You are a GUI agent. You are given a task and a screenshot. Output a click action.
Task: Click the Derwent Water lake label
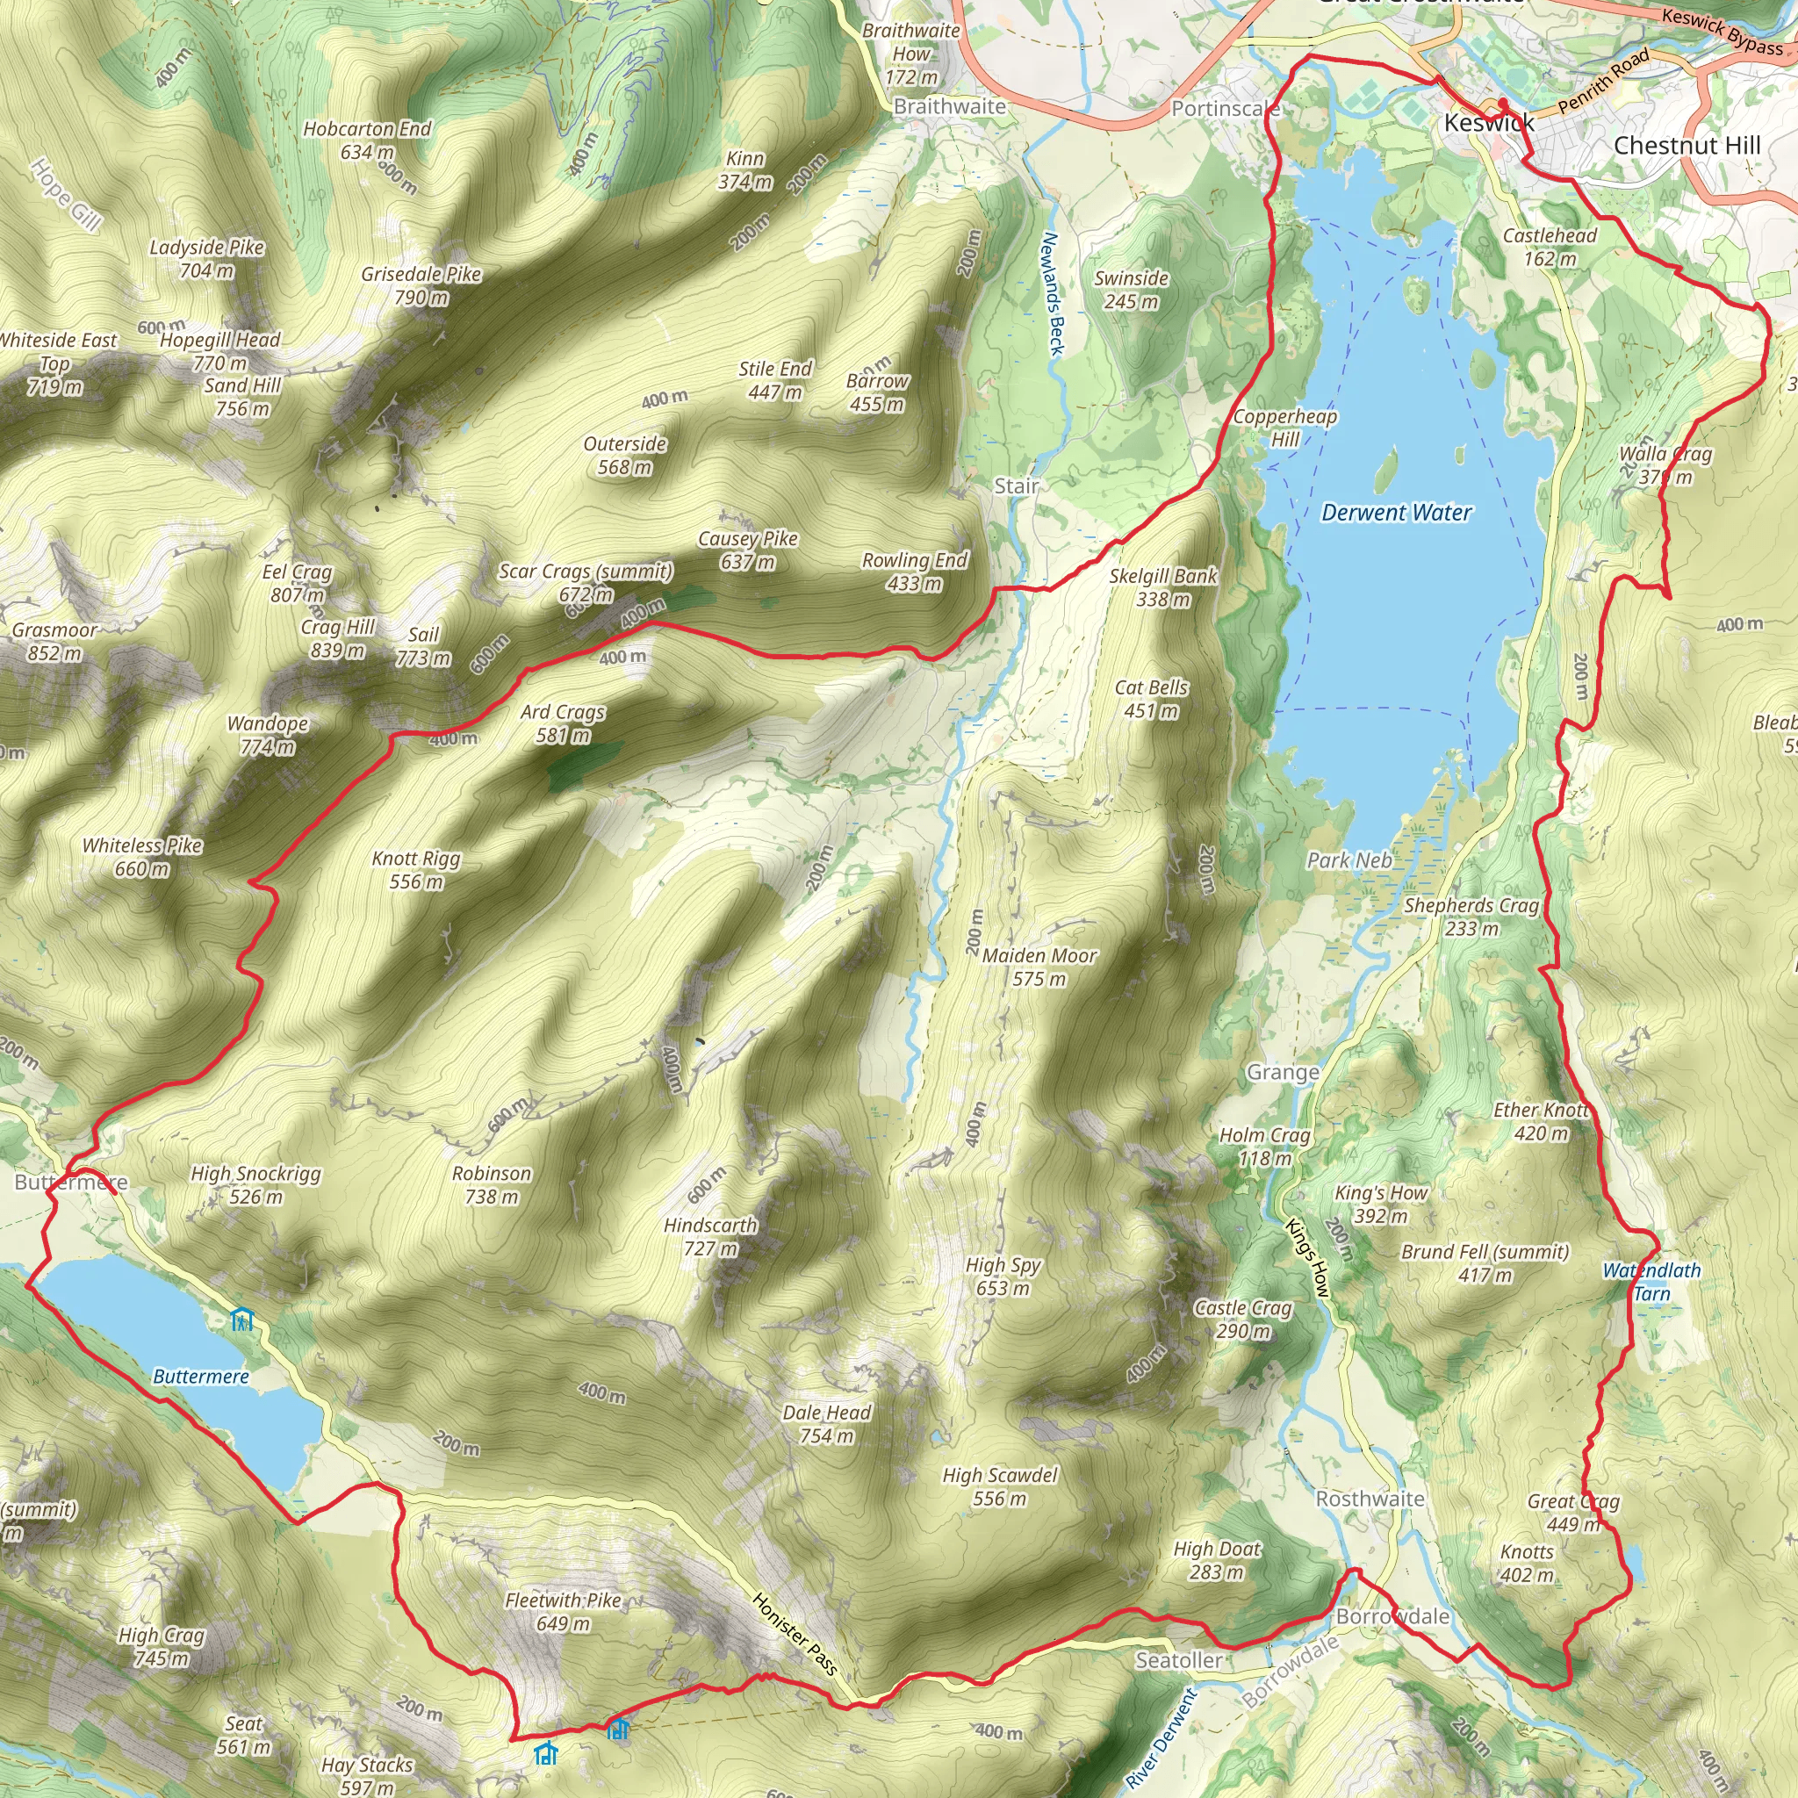point(1396,513)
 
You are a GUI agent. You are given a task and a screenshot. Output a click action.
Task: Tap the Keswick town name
point(1488,123)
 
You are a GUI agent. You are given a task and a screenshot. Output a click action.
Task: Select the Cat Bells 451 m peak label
point(1151,699)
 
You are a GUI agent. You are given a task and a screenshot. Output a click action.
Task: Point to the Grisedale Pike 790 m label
point(421,285)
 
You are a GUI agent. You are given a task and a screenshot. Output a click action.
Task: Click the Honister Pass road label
point(794,1634)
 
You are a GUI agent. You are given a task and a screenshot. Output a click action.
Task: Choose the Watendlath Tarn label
point(1651,1282)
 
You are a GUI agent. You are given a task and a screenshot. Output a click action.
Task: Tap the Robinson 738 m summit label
point(492,1184)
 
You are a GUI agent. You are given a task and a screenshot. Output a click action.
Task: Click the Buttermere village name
point(71,1182)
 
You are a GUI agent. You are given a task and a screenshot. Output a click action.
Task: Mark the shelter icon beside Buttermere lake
point(242,1319)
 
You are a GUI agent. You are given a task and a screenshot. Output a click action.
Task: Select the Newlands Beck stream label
point(1051,293)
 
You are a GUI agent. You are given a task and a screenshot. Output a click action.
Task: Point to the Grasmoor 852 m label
point(55,641)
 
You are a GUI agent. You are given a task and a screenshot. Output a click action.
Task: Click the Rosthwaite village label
point(1369,1499)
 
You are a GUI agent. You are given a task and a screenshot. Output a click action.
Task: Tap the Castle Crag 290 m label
point(1243,1319)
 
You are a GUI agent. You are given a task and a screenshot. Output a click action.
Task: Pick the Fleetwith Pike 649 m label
point(562,1612)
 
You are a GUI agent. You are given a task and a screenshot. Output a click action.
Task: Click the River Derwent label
point(1160,1738)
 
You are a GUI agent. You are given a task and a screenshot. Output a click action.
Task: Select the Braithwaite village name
point(949,106)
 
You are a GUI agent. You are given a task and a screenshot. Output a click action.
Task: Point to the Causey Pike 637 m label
point(748,550)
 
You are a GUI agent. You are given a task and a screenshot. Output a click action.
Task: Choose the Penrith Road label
point(1602,82)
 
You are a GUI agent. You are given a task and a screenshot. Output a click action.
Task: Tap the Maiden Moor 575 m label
point(1039,967)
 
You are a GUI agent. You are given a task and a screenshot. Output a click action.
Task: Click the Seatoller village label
point(1178,1660)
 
